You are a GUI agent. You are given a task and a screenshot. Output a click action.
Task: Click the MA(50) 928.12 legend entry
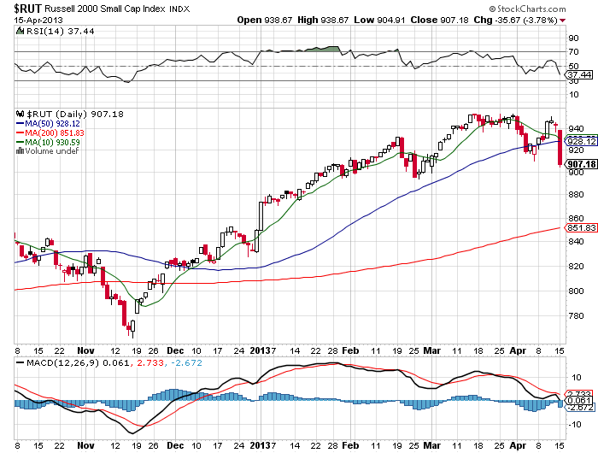pyautogui.click(x=50, y=122)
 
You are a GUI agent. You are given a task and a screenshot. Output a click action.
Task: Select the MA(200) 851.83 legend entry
pyautogui.click(x=53, y=132)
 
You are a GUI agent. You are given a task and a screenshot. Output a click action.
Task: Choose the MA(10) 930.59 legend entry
pyautogui.click(x=50, y=141)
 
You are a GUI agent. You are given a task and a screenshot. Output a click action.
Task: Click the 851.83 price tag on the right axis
pyautogui.click(x=580, y=226)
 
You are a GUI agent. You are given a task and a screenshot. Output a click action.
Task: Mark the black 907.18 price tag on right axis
pyautogui.click(x=580, y=164)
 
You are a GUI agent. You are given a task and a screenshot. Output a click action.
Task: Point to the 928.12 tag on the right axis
pyautogui.click(x=580, y=140)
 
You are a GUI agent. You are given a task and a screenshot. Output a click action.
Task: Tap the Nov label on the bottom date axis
pyautogui.click(x=85, y=350)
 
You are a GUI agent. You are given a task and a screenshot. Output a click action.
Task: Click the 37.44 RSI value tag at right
pyautogui.click(x=578, y=74)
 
